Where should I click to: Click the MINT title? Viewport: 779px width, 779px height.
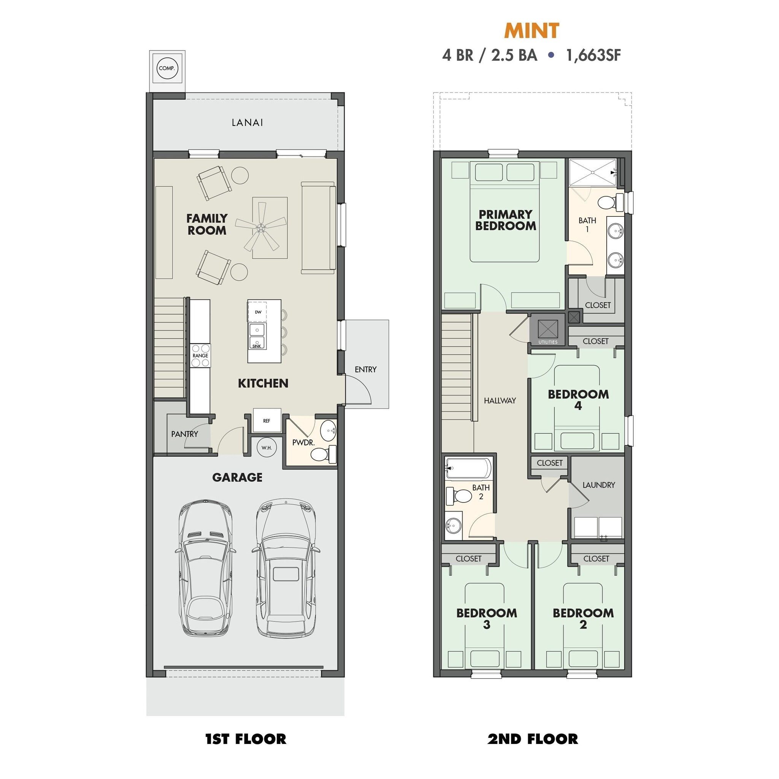click(x=531, y=31)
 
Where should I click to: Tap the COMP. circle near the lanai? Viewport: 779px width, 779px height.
click(x=167, y=68)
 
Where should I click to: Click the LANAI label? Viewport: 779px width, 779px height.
click(x=247, y=122)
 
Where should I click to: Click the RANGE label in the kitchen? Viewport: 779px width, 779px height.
click(x=200, y=356)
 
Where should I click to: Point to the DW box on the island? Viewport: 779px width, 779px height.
click(x=258, y=312)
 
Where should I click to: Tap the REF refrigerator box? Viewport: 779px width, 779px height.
click(x=267, y=421)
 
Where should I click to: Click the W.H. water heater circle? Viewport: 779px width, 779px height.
click(x=267, y=448)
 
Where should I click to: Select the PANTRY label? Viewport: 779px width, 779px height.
click(x=184, y=434)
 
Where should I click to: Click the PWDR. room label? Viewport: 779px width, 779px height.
click(x=303, y=442)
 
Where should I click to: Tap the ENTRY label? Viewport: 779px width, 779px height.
click(x=365, y=369)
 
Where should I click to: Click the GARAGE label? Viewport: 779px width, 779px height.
click(x=237, y=477)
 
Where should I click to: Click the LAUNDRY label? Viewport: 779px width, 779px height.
click(x=598, y=485)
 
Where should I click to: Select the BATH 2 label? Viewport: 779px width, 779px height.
click(x=481, y=492)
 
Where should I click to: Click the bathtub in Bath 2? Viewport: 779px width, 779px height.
click(x=469, y=469)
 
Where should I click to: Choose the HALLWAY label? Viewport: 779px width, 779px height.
click(x=499, y=401)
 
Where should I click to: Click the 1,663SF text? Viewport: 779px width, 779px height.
click(x=593, y=55)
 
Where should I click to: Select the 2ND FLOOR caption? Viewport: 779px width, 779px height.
click(x=532, y=739)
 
